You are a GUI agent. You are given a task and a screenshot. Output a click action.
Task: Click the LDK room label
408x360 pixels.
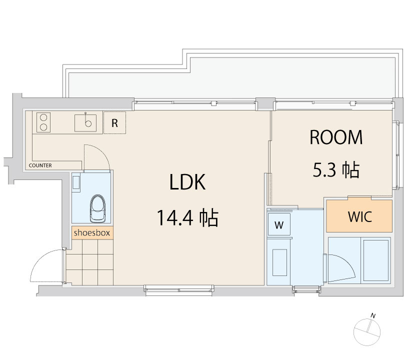(x=187, y=182)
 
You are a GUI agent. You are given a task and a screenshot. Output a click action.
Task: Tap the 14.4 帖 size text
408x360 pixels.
(x=187, y=217)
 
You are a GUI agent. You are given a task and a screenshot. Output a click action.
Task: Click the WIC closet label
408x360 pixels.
(x=360, y=216)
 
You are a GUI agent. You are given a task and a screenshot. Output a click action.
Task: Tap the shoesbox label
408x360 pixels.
(x=92, y=232)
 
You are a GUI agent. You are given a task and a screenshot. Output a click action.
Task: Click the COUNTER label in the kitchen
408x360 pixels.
(x=40, y=165)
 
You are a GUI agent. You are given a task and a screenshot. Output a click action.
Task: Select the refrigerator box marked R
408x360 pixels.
(x=115, y=123)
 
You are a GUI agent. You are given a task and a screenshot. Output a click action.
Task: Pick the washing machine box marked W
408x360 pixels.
(x=279, y=224)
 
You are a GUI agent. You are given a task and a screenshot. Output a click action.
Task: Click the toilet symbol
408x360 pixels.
(x=97, y=208)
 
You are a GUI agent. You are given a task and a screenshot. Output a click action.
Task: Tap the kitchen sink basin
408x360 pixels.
(x=85, y=123)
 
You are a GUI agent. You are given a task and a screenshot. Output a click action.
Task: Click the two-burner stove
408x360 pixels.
(x=43, y=122)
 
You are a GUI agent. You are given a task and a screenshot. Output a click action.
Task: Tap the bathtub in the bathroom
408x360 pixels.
(x=376, y=260)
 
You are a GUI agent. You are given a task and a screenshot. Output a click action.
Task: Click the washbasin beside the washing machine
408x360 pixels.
(x=279, y=262)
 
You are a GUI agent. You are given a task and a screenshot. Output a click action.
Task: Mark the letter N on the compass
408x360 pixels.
(x=373, y=316)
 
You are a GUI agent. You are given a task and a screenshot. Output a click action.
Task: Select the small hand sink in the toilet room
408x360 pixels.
(x=76, y=182)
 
